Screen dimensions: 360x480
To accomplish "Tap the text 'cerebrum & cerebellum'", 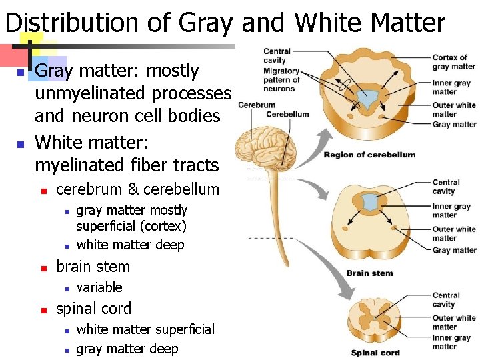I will (x=137, y=189).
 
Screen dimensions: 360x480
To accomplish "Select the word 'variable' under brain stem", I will (x=100, y=287).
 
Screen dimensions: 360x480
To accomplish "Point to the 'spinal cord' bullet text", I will (x=94, y=309).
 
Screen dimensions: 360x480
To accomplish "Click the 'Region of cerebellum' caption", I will (x=369, y=155).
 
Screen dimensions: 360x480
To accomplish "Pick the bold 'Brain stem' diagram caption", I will (x=369, y=273).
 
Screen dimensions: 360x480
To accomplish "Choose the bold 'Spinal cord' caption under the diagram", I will (x=375, y=353).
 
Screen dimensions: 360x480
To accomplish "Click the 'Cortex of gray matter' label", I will (x=453, y=62).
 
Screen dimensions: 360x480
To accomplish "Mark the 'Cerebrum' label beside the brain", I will (x=257, y=105).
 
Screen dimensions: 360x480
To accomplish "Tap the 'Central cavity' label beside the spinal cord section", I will (x=445, y=300).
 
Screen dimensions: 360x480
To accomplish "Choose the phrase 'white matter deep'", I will (x=130, y=245).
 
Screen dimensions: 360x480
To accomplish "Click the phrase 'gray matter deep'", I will (x=127, y=349).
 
